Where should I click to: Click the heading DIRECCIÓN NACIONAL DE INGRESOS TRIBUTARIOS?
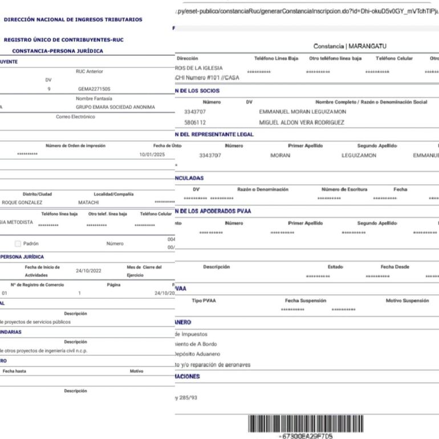(73, 19)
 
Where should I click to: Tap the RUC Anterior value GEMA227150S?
(94, 89)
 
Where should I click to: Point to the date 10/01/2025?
(151, 155)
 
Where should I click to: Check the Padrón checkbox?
(18, 243)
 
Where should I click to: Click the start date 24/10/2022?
(88, 271)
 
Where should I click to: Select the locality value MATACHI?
(88, 202)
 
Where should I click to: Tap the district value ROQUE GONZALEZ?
(22, 202)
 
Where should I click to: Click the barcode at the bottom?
(305, 423)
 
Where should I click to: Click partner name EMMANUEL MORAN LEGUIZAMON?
(302, 112)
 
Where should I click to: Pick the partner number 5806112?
(195, 123)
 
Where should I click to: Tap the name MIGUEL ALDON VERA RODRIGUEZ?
(302, 123)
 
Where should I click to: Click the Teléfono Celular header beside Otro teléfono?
(394, 58)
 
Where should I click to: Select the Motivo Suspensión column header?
(407, 300)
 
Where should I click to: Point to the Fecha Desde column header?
(395, 267)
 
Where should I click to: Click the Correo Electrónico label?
(75, 117)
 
